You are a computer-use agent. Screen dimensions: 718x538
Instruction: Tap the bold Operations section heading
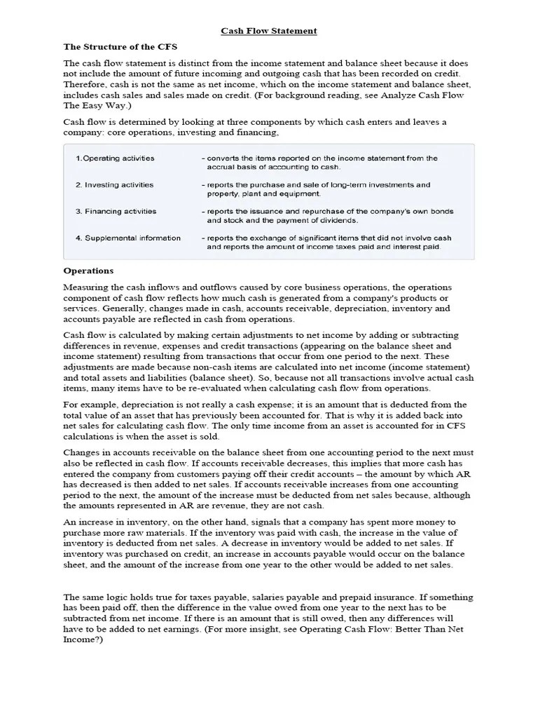[88, 271]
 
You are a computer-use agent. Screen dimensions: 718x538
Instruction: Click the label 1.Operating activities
[115, 158]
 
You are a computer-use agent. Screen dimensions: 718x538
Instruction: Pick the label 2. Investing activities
[114, 185]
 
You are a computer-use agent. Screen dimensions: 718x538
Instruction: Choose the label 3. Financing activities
[116, 211]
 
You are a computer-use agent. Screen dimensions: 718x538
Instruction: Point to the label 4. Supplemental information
[127, 238]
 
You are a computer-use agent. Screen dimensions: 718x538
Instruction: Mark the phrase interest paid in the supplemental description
[418, 248]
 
